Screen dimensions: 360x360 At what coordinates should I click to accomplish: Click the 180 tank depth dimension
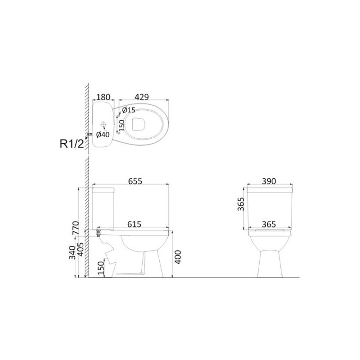[x=103, y=97]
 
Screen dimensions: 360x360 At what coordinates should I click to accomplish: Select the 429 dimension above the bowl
[x=142, y=97]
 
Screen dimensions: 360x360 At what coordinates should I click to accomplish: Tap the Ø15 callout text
[x=129, y=110]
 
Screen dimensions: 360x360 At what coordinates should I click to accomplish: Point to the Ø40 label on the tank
[x=103, y=135]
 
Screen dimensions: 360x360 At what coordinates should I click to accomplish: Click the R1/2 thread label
[x=72, y=144]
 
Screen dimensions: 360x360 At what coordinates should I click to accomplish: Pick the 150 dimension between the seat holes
[x=122, y=126]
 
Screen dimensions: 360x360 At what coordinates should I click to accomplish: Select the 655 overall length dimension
[x=135, y=181]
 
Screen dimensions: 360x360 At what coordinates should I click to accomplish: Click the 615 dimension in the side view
[x=134, y=224]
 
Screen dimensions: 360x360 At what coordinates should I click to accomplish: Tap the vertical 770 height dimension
[x=76, y=228]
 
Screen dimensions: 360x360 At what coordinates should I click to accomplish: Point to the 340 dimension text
[x=72, y=252]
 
